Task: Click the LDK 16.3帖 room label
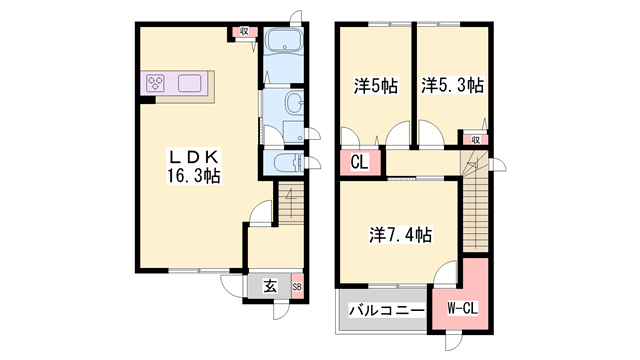tap(193, 166)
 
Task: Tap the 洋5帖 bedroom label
tap(376, 86)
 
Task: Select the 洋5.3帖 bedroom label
tap(452, 85)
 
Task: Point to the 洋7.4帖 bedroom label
tap(400, 235)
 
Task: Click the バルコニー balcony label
tap(386, 311)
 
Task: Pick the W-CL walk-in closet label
tap(462, 308)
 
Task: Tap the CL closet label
tap(359, 162)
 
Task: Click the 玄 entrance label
tap(270, 286)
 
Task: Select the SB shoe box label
tap(297, 287)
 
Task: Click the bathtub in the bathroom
tap(284, 41)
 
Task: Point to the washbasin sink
tap(293, 102)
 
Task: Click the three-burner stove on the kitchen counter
tap(156, 83)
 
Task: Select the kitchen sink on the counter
tap(189, 83)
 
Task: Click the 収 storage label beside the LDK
tap(244, 31)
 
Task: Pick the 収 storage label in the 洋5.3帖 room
tap(476, 140)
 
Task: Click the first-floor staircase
tap(291, 203)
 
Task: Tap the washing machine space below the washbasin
tap(293, 132)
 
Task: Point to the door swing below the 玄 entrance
tap(281, 311)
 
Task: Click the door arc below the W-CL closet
tap(453, 342)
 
